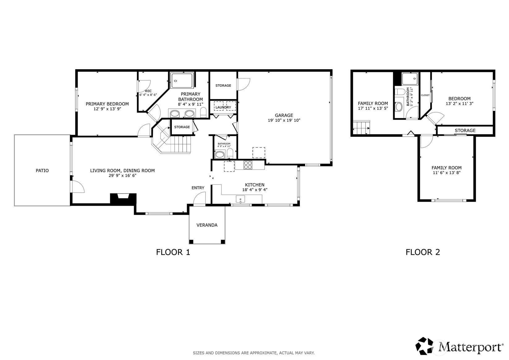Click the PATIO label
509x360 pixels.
42,170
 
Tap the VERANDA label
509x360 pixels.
207,225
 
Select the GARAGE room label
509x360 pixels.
284,115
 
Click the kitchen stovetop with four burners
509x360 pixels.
248,165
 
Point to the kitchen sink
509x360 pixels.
240,199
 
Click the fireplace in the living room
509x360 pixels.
123,198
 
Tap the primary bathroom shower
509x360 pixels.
182,80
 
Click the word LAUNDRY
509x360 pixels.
223,107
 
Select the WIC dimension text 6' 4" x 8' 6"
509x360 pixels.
148,95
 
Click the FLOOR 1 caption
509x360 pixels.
173,252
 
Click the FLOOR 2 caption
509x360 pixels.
423,252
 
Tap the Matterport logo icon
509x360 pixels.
424,346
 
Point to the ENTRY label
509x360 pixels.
198,188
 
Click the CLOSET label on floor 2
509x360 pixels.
425,95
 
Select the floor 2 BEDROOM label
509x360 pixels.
460,99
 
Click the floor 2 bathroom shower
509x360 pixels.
410,79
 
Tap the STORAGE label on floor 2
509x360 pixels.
465,131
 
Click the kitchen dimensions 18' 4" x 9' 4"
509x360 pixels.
255,190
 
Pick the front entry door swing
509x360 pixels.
200,199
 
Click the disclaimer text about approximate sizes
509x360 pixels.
254,353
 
